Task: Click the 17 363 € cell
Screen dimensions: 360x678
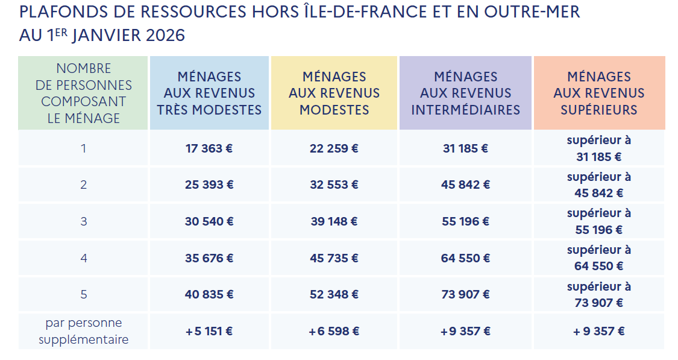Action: [x=209, y=148]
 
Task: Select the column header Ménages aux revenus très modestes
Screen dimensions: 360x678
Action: [x=209, y=93]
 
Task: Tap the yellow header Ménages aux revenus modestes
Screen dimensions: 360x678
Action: [x=334, y=93]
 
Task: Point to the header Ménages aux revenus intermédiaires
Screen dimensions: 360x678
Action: [x=465, y=93]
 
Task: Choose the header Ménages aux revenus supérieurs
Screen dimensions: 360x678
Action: [x=598, y=93]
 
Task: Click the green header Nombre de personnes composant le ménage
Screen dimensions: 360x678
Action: [x=83, y=93]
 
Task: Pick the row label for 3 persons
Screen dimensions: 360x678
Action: [x=83, y=221]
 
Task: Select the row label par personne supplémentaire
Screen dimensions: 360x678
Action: [x=83, y=331]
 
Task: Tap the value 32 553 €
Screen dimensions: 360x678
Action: [x=334, y=185]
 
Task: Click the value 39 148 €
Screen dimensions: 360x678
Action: [x=334, y=221]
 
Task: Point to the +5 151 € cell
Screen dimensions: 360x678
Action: [x=209, y=331]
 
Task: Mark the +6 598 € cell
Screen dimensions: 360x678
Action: [x=334, y=331]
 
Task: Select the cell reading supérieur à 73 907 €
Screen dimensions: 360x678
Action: [x=598, y=294]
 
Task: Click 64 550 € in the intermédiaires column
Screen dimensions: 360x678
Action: [x=465, y=258]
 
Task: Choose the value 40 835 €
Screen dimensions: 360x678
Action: [x=209, y=294]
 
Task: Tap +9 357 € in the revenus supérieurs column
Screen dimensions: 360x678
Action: [x=598, y=331]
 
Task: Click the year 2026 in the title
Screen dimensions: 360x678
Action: [x=165, y=36]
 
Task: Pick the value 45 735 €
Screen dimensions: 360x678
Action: [x=334, y=258]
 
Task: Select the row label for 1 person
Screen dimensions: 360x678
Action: [x=83, y=148]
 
